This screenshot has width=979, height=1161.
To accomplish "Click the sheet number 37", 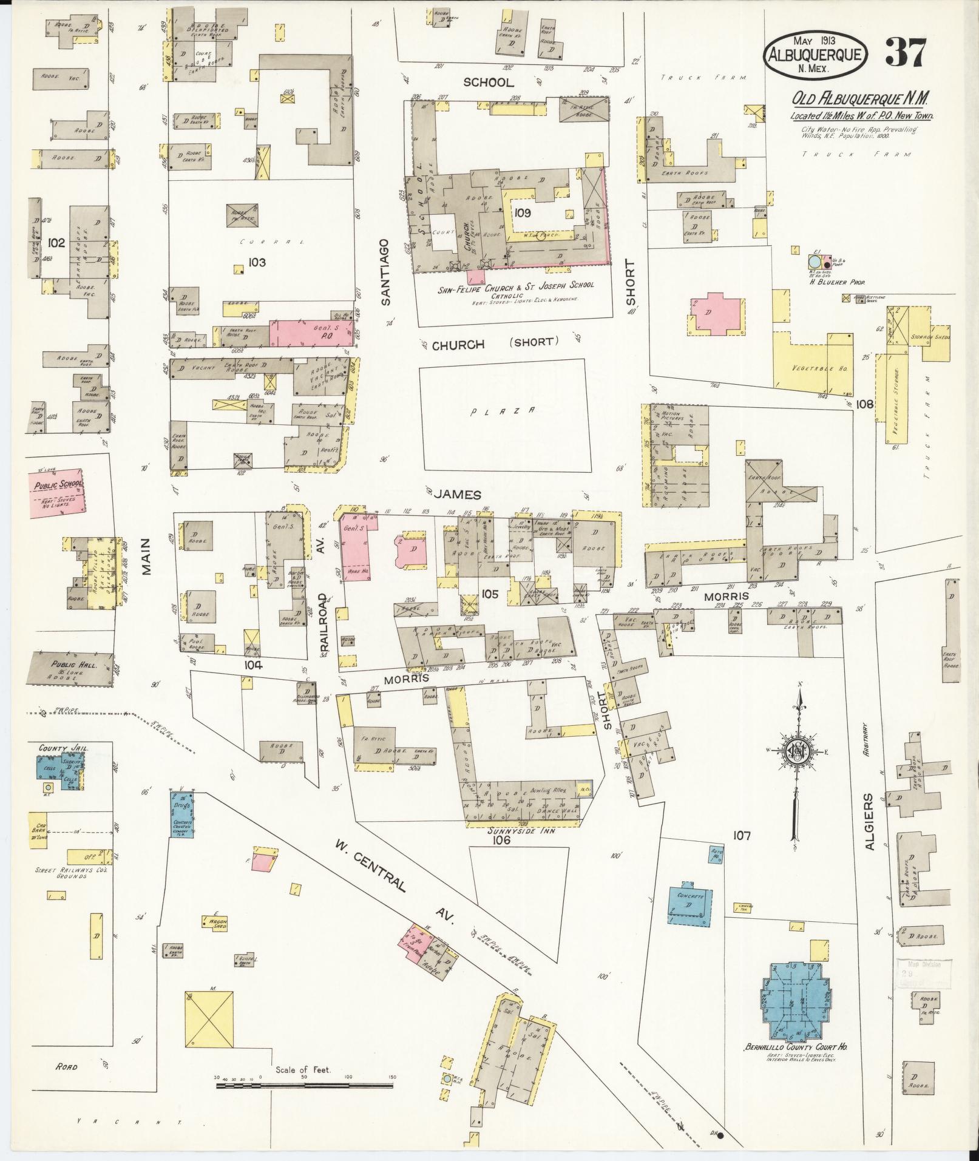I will pyautogui.click(x=905, y=53).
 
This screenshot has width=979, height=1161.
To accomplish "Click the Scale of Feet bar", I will pyautogui.click(x=305, y=1083).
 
